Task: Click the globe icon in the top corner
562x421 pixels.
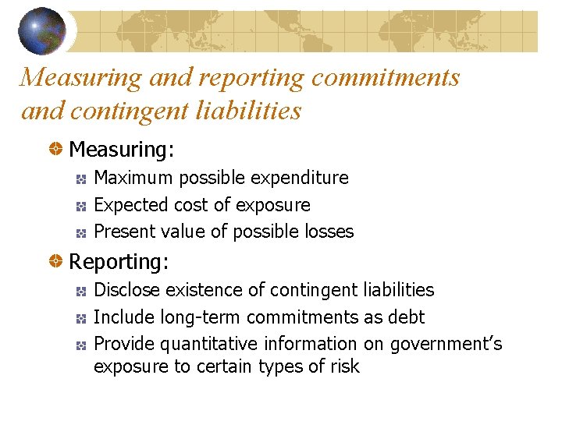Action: pos(42,30)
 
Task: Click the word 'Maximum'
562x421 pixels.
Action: pos(133,178)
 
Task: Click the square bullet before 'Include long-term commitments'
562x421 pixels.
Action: pos(81,319)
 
